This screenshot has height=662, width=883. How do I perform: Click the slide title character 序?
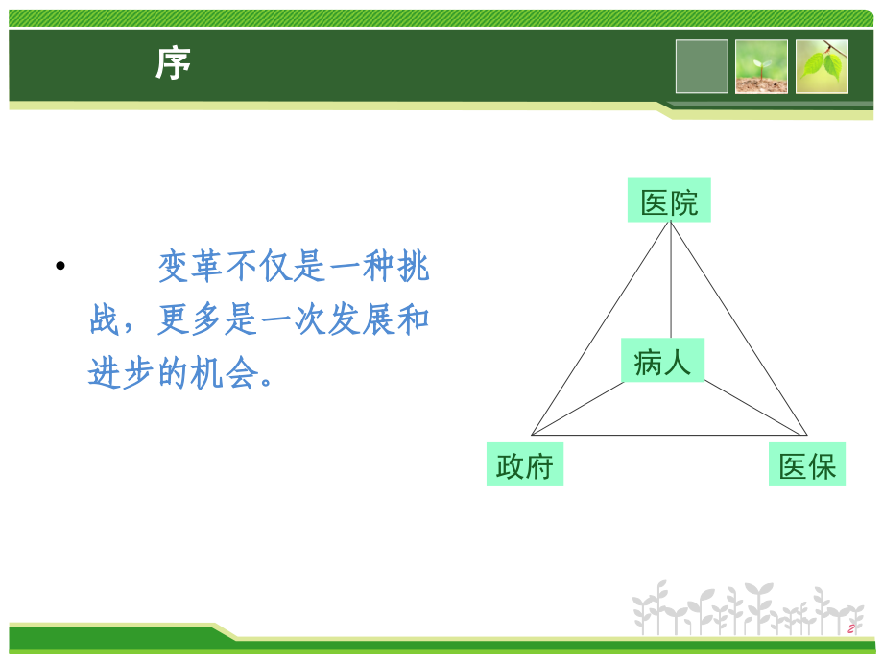174,64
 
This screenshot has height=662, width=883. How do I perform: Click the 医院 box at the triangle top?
669,201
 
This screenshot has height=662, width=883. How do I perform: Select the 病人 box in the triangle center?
662,361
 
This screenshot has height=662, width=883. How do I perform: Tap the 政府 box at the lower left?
525,465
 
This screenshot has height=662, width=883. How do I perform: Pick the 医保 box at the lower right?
807,465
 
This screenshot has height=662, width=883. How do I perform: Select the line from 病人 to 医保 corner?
754,408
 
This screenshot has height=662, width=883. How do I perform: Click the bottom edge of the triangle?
669,436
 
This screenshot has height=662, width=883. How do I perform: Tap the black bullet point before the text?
60,268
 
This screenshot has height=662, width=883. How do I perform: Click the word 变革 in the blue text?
192,268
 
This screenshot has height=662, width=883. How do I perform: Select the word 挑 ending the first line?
413,268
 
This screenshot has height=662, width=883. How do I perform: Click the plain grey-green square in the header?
702,66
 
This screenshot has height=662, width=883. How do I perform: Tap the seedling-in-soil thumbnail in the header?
761,66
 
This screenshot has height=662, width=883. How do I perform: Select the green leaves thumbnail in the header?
822,66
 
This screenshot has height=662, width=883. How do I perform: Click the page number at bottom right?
850,628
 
